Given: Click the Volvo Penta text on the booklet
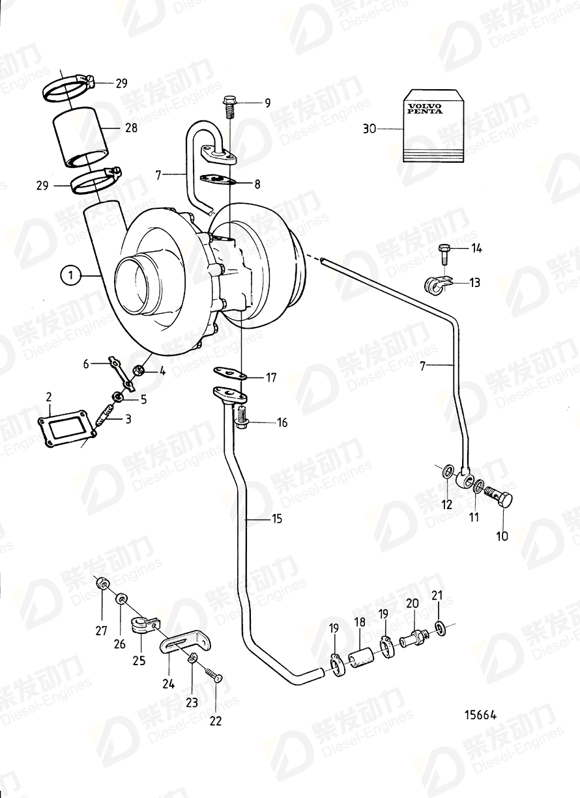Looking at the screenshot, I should (x=424, y=108).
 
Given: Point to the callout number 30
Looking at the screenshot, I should (x=370, y=130).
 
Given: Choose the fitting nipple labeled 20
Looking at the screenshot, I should (x=412, y=639).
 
